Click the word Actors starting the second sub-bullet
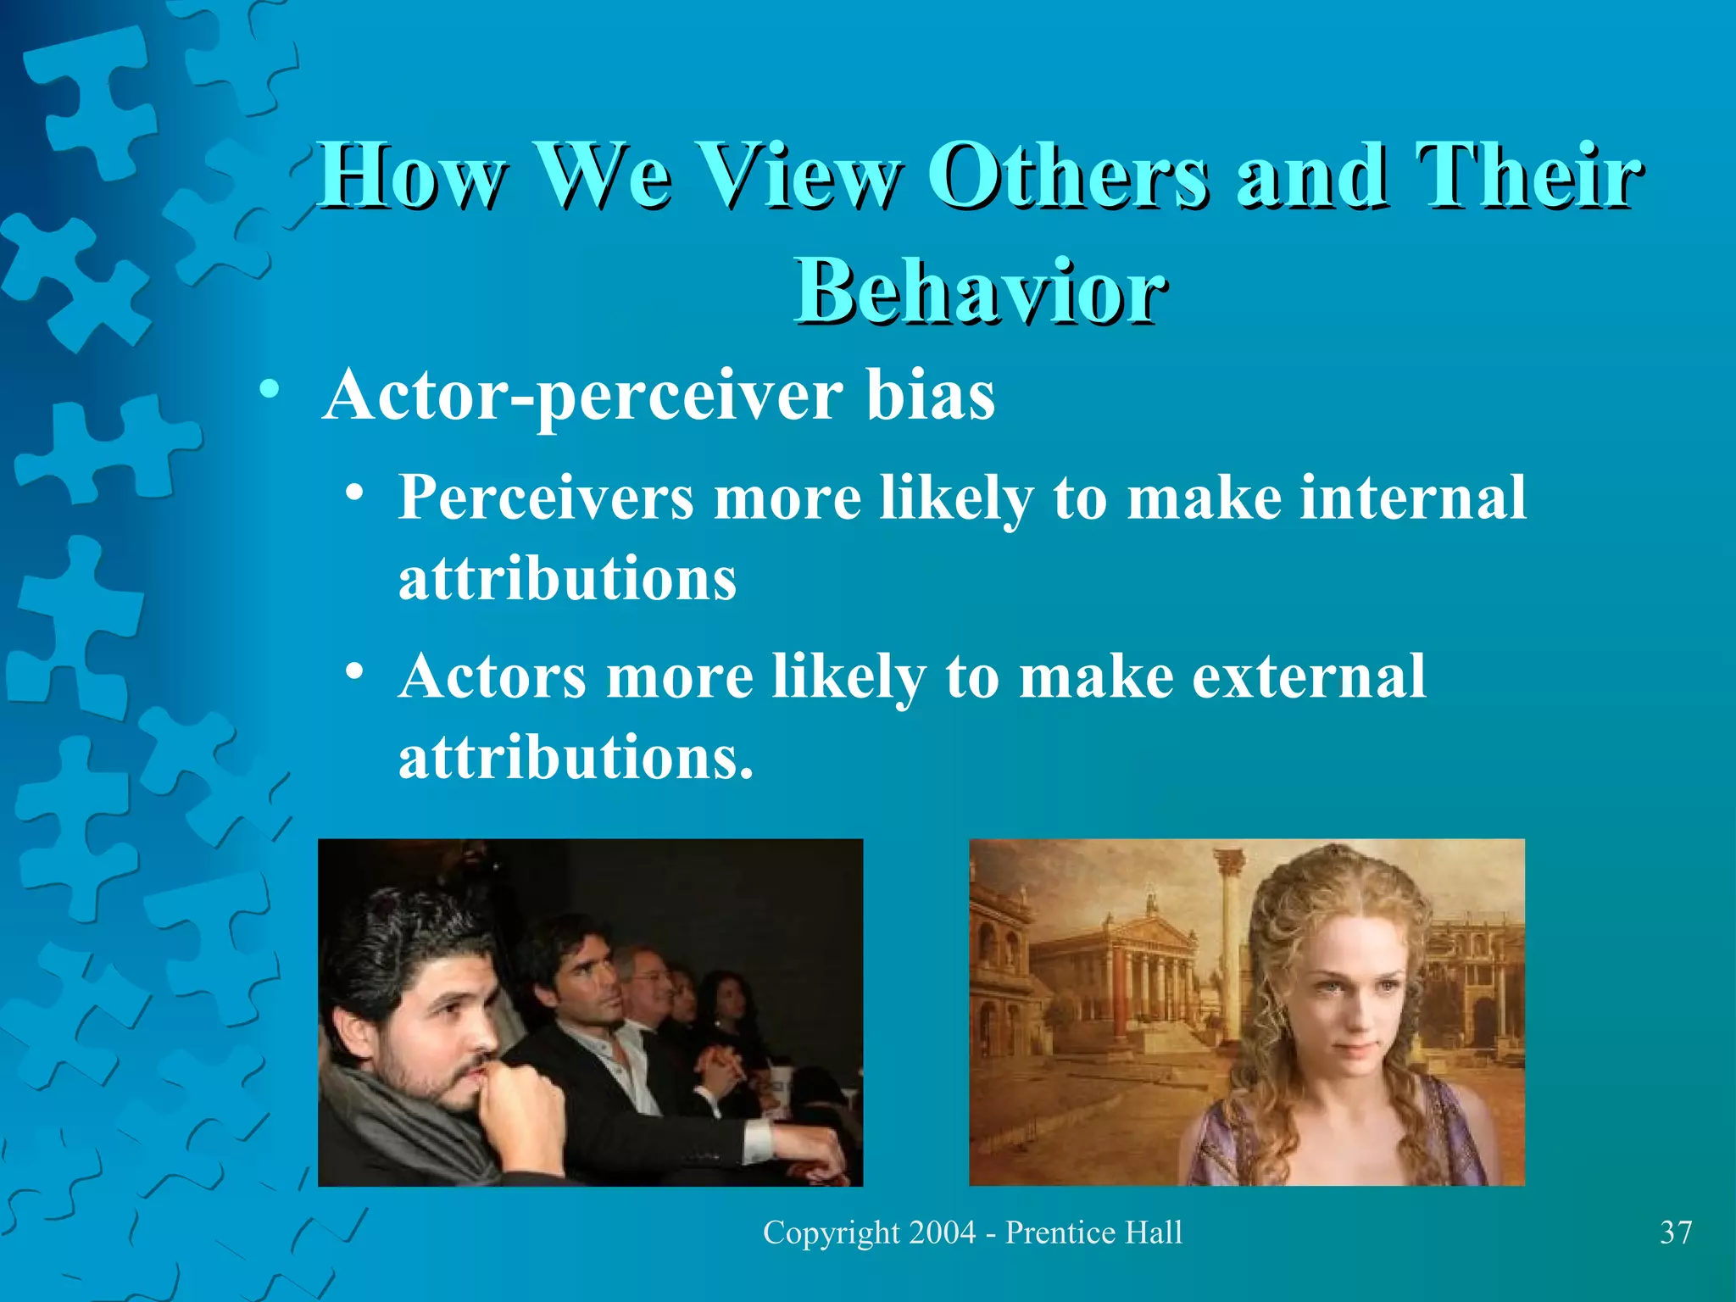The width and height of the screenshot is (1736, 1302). (492, 676)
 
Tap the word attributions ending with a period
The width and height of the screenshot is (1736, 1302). (576, 756)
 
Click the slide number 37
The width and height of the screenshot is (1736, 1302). (1675, 1232)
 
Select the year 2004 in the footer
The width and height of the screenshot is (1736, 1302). (942, 1232)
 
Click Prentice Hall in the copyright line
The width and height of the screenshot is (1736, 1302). (1093, 1232)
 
